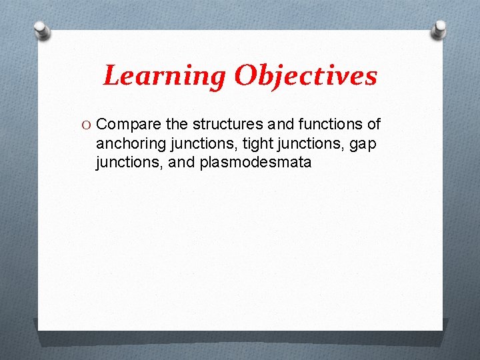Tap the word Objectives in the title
click(305, 77)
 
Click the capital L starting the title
click(112, 76)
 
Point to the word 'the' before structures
click(177, 124)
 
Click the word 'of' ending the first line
click(373, 124)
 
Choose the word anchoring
click(129, 143)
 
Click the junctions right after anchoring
click(195, 143)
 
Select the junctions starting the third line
click(127, 161)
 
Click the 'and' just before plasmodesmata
click(181, 161)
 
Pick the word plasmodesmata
click(255, 161)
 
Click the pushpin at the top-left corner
click(41, 30)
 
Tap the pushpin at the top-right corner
click(439, 29)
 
